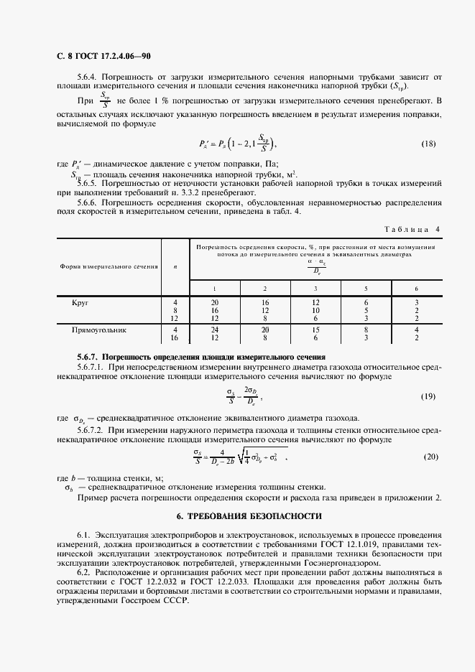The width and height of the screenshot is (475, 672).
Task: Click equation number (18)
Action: pyautogui.click(x=428, y=144)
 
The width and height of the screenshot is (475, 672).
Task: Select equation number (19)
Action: pyautogui.click(x=428, y=396)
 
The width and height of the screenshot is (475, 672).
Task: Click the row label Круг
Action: pyautogui.click(x=80, y=303)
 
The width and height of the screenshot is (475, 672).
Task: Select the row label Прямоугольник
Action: pyautogui.click(x=99, y=330)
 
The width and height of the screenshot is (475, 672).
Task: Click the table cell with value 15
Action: pyautogui.click(x=315, y=330)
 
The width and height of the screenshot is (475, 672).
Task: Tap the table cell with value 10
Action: pyautogui.click(x=315, y=310)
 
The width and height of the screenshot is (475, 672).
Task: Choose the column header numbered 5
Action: pyautogui.click(x=366, y=288)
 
